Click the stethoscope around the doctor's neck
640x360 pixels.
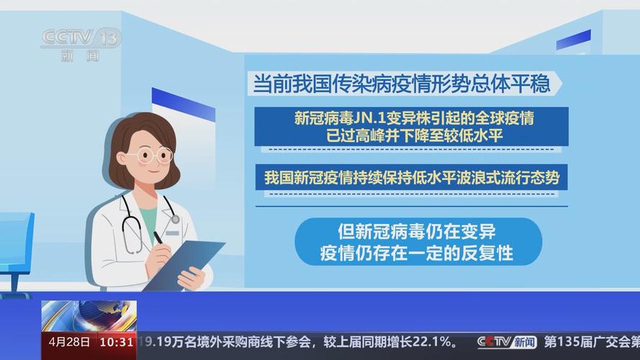[132, 223]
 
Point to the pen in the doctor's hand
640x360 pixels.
[158, 238]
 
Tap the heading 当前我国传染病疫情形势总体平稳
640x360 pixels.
[401, 84]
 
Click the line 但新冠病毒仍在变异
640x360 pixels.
[418, 232]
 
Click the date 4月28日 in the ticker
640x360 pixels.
[69, 341]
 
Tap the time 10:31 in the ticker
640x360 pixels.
[117, 341]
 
